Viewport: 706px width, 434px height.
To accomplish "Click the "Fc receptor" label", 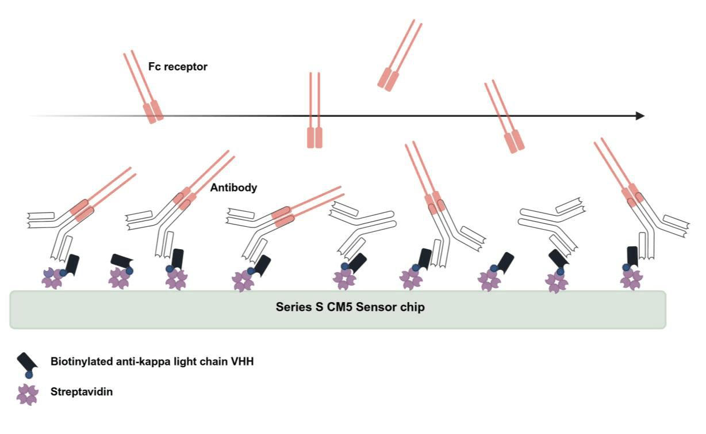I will click(x=178, y=67).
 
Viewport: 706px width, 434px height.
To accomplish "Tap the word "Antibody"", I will click(x=233, y=188).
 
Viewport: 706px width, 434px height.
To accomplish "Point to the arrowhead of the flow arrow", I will click(x=640, y=116).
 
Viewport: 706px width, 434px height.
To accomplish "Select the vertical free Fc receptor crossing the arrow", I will click(x=314, y=110).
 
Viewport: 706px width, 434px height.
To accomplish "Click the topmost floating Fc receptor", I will click(x=400, y=55).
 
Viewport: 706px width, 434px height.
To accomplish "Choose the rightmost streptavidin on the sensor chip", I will click(x=631, y=279).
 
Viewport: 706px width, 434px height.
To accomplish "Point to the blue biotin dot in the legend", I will click(x=29, y=375).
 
